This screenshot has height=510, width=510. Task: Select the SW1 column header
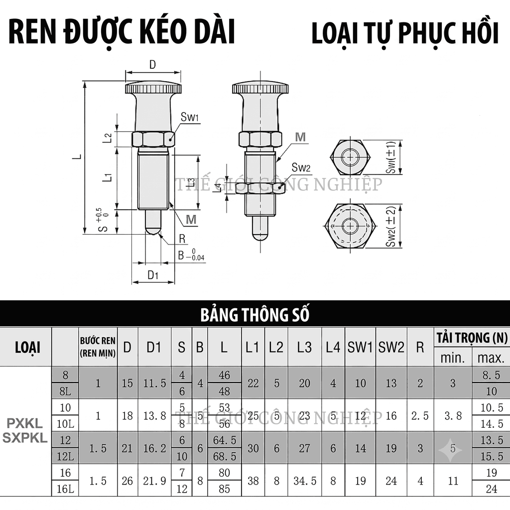click(x=360, y=347)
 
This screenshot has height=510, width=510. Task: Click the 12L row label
click(x=65, y=456)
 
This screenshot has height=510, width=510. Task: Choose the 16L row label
click(x=65, y=489)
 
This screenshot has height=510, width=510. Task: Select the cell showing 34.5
click(x=305, y=481)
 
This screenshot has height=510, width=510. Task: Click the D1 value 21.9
click(x=154, y=481)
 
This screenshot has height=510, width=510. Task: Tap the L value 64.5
click(x=225, y=440)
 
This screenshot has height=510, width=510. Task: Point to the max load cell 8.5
click(x=492, y=375)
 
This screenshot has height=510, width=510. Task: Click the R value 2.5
click(x=420, y=416)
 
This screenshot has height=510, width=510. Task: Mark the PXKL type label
click(x=25, y=423)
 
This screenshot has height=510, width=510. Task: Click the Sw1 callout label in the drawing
click(x=189, y=117)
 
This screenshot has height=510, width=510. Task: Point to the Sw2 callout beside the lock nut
click(x=301, y=167)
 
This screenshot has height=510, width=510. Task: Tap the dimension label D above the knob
click(x=152, y=65)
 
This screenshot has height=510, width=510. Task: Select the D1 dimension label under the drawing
click(x=153, y=275)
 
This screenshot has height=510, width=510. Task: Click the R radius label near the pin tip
click(x=182, y=239)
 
